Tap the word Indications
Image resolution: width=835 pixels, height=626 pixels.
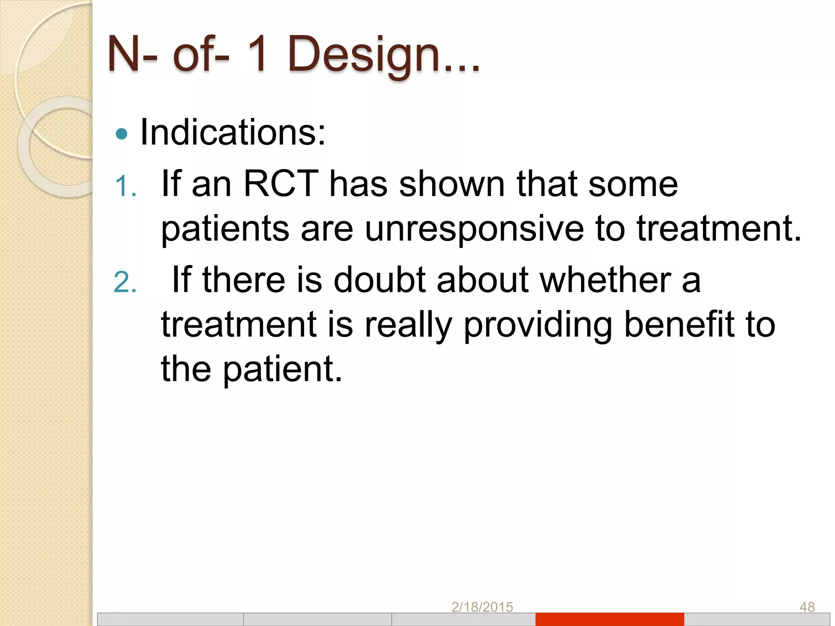tap(232, 132)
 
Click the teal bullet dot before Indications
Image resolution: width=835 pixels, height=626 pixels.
tap(121, 134)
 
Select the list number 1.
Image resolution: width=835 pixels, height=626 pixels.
tap(124, 187)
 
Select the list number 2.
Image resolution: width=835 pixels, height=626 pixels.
tap(124, 282)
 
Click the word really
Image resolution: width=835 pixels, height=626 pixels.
tap(408, 325)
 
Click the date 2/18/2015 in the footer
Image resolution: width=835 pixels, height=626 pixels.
tap(482, 607)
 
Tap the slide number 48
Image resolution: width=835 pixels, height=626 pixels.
tap(807, 607)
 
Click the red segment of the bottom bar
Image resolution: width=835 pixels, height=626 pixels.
tap(610, 619)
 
